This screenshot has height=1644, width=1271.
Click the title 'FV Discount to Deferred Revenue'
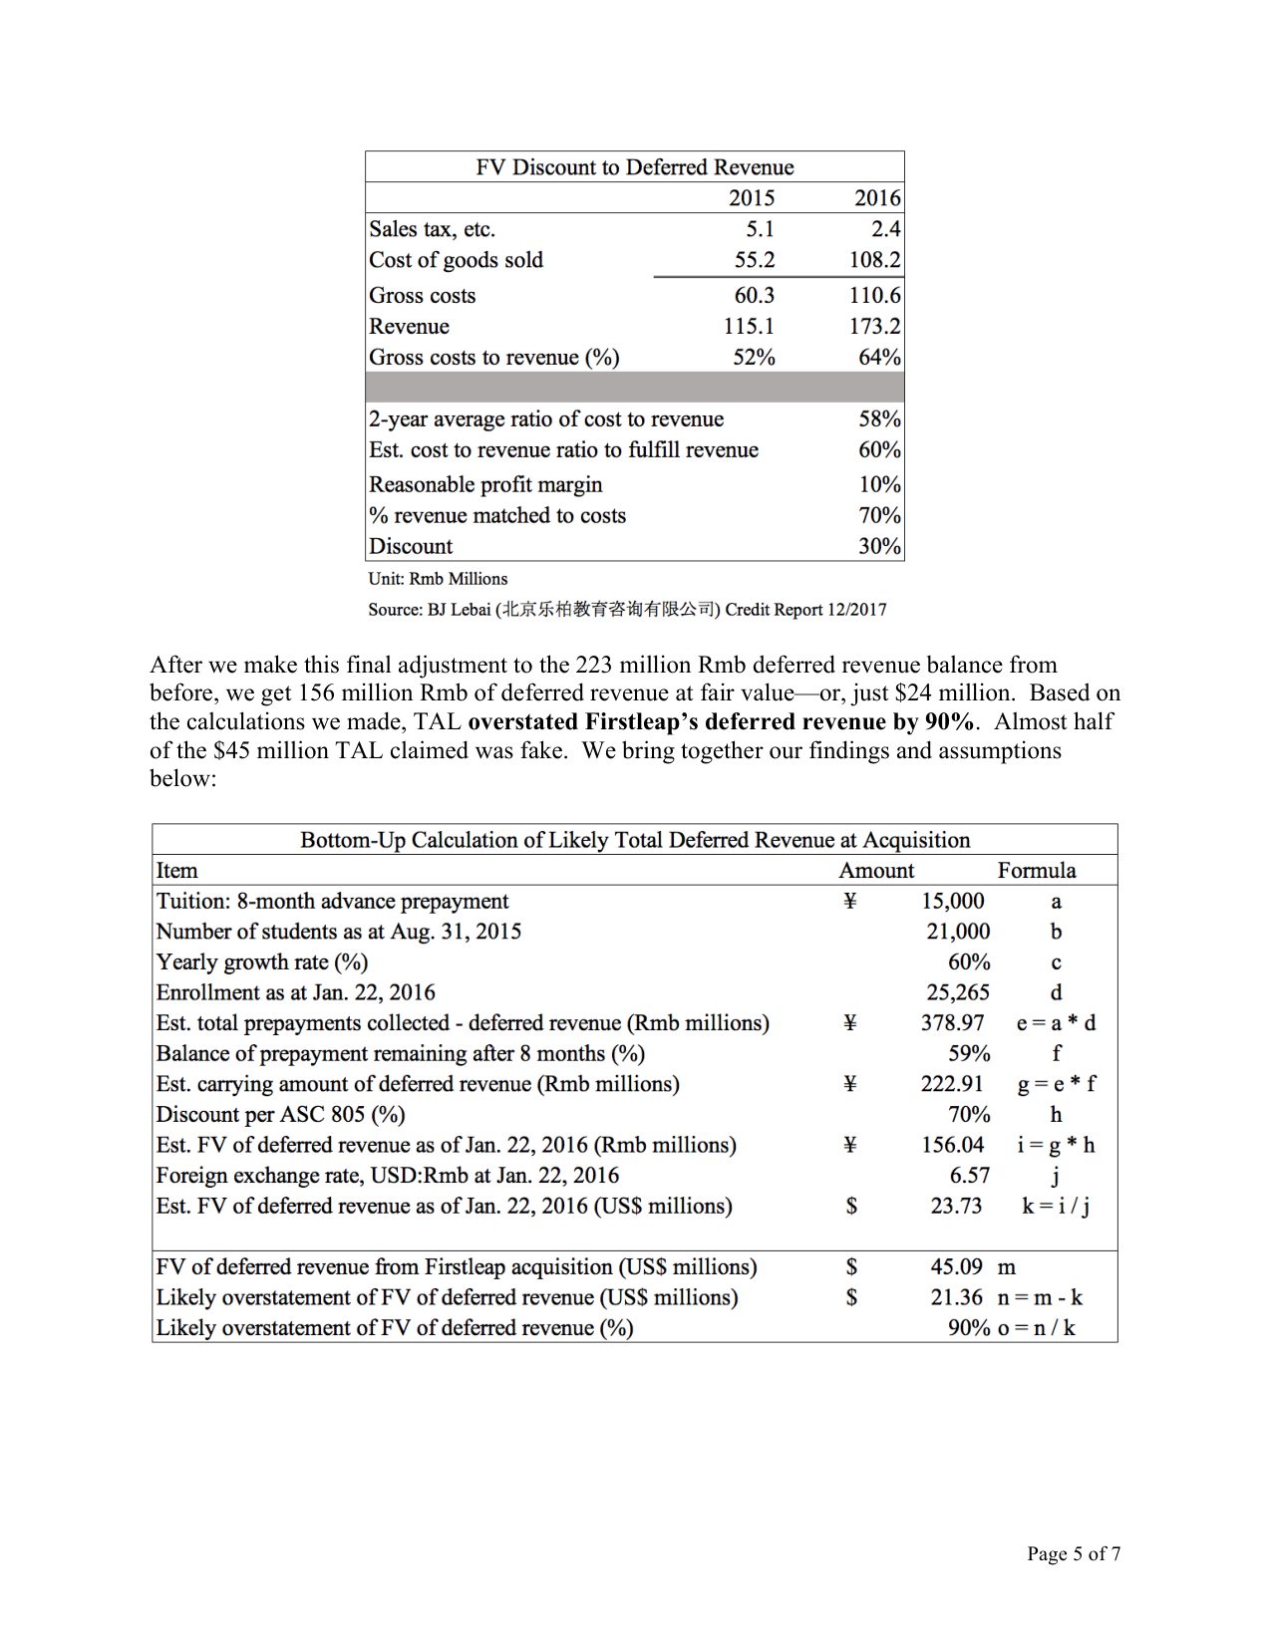coord(634,167)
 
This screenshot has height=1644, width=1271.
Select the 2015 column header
coord(752,198)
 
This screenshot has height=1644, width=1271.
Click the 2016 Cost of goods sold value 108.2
coord(874,260)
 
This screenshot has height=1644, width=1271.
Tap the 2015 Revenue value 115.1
coord(748,327)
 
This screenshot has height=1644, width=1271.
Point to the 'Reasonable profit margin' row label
coord(485,485)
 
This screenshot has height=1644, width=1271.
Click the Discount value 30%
coord(879,547)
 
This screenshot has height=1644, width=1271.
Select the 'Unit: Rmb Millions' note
coord(438,579)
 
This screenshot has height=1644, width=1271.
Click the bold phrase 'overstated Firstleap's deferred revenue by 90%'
coord(720,722)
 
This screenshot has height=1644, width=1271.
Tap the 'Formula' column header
coord(1036,871)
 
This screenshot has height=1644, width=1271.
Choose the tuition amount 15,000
coord(952,902)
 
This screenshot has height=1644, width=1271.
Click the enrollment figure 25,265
coord(957,993)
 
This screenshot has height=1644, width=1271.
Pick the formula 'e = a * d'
coord(1056,1023)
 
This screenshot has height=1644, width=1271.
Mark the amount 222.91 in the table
coord(952,1084)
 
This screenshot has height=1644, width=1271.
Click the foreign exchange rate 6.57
coord(969,1176)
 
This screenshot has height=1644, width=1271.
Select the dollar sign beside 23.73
coord(850,1207)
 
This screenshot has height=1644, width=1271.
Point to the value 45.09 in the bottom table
coord(956,1267)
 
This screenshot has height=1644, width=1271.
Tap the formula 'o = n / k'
coord(1036,1328)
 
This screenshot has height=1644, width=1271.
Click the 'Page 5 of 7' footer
coord(1073,1554)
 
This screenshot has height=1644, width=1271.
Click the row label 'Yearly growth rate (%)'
coord(262,962)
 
